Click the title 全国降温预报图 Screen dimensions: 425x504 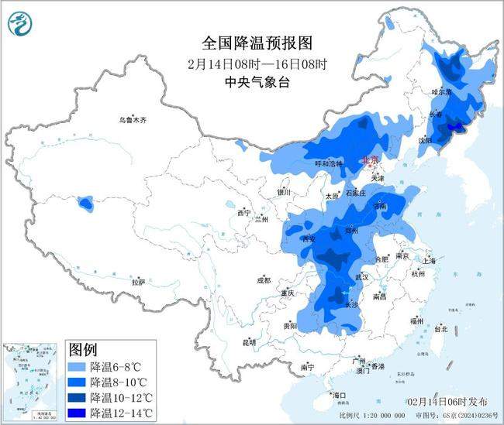250,43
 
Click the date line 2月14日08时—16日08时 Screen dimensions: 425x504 250,63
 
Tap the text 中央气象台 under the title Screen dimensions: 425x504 250,81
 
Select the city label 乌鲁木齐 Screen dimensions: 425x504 133,120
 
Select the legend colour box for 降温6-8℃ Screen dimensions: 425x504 77,367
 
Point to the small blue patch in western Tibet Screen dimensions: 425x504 85,204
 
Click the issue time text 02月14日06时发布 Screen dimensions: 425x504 447,402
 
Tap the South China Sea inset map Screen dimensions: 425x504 31,382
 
